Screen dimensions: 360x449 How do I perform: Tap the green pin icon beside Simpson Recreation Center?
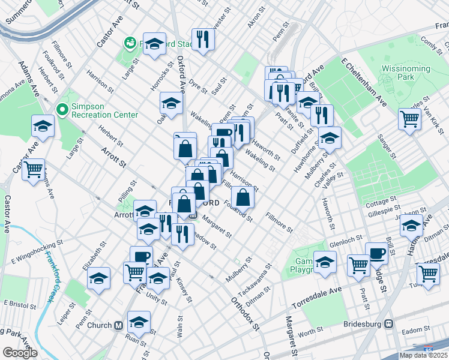60,109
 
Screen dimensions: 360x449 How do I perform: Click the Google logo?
20,353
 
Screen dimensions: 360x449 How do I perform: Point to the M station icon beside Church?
119,325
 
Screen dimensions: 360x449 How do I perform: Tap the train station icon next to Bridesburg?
389,324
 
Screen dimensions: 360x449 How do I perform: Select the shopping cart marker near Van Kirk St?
409,118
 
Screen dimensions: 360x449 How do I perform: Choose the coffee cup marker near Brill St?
376,252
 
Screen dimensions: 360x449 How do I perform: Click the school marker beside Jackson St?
411,226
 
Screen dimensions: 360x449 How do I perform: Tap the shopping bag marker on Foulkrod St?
242,196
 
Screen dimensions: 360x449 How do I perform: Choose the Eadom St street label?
414,330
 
